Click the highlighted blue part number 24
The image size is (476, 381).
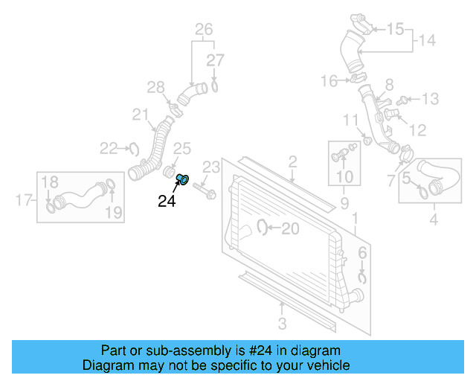pyautogui.click(x=184, y=179)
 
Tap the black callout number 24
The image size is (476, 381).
pyautogui.click(x=167, y=200)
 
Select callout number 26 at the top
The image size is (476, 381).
pyautogui.click(x=204, y=30)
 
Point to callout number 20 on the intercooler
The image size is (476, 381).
pyautogui.click(x=290, y=228)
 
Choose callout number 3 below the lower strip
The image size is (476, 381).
pyautogui.click(x=282, y=323)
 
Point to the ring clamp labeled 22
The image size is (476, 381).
pyautogui.click(x=134, y=149)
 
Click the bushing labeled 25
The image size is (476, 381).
pyautogui.click(x=169, y=173)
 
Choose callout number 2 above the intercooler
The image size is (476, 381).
pyautogui.click(x=293, y=161)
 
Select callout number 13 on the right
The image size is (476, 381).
pyautogui.click(x=431, y=99)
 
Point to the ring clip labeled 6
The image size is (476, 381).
pyautogui.click(x=362, y=278)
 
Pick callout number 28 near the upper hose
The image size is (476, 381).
pyautogui.click(x=155, y=89)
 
